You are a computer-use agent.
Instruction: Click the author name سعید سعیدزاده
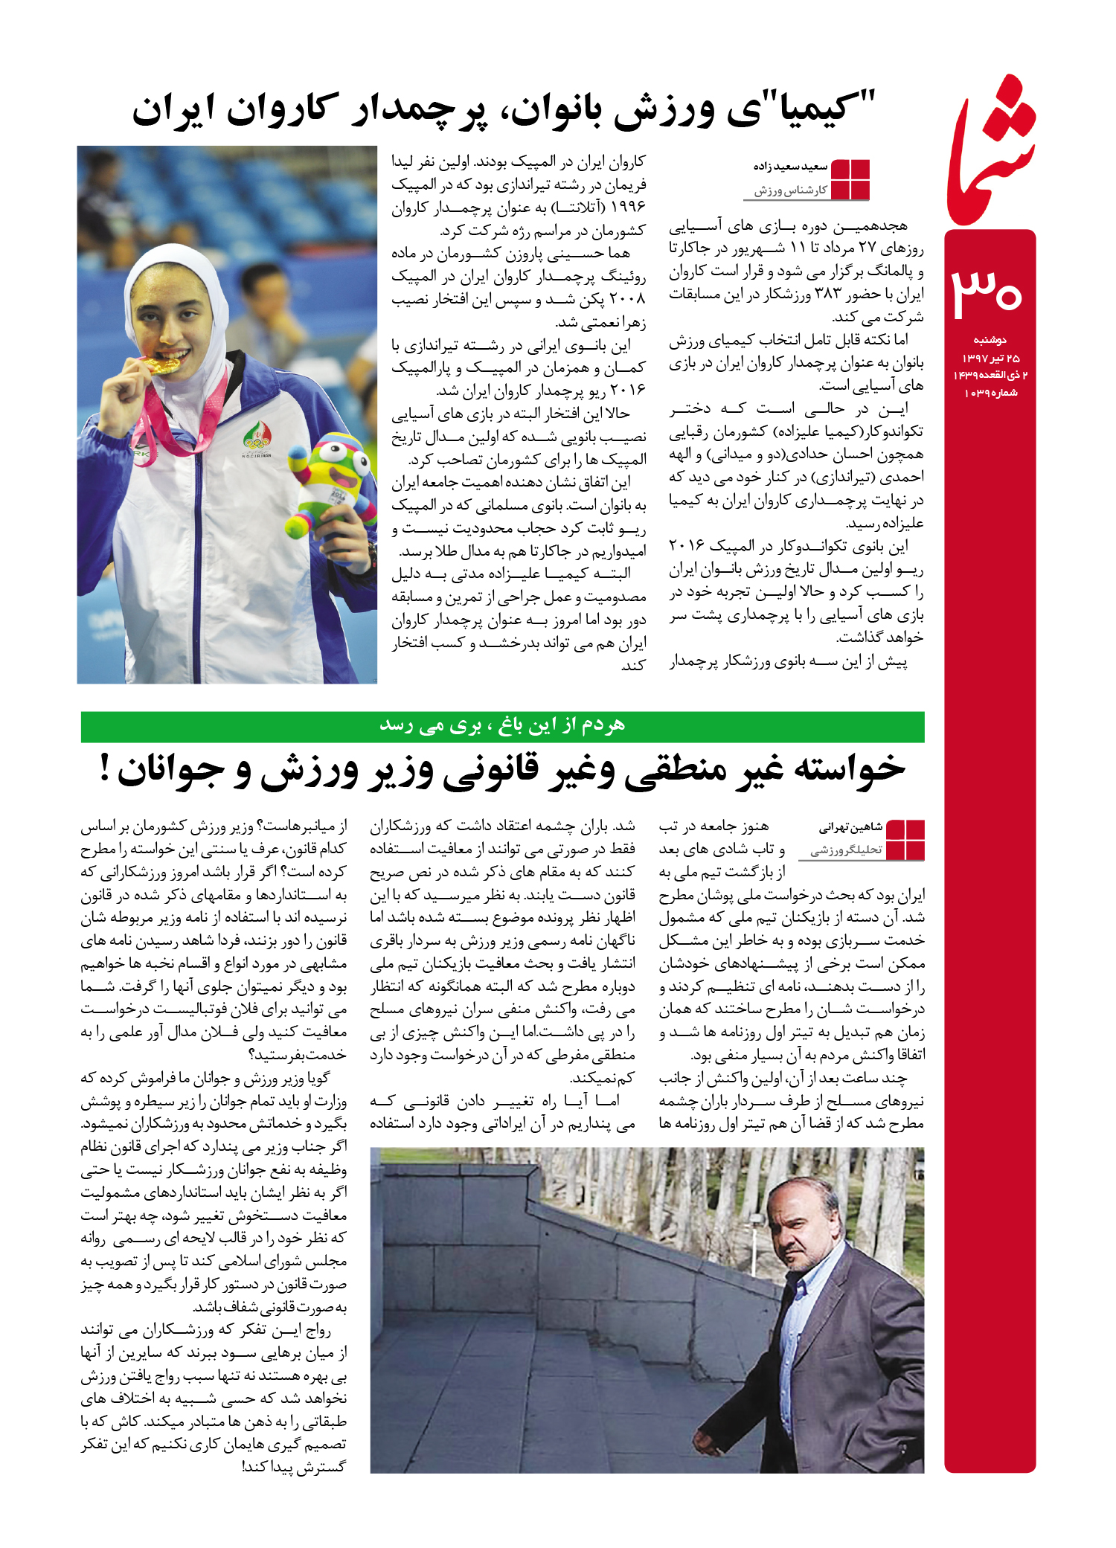click(790, 167)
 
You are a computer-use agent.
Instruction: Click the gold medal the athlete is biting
click(163, 365)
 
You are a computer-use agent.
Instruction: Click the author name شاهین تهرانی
click(850, 827)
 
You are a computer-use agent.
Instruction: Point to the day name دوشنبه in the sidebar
click(990, 340)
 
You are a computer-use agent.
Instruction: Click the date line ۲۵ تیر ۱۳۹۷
click(990, 358)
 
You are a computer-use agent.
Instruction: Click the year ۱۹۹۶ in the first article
click(627, 207)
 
